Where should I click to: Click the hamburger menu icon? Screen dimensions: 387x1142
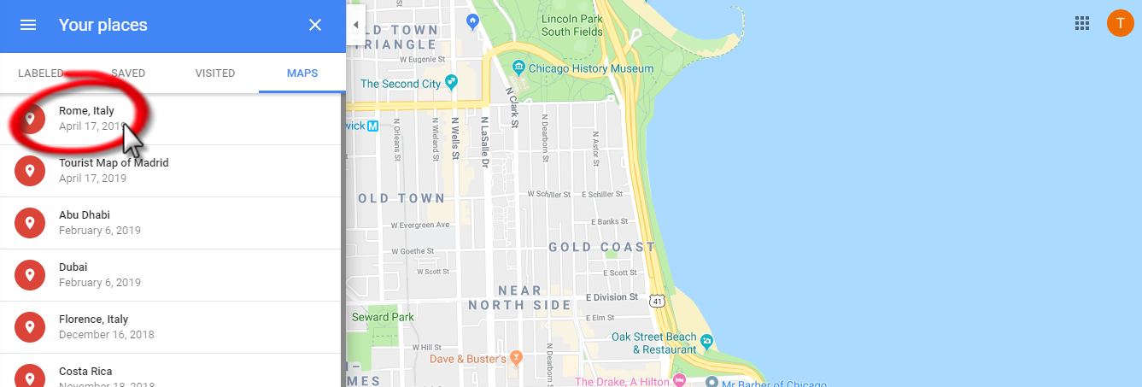pos(28,25)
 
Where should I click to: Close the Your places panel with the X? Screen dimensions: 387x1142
pos(315,25)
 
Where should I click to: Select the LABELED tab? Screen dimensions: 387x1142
pos(41,73)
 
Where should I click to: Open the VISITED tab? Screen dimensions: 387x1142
pos(215,73)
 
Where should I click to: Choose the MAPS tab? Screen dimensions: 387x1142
pos(302,73)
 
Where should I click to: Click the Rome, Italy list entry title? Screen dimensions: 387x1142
pos(86,111)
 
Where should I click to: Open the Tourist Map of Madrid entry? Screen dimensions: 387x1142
pos(114,163)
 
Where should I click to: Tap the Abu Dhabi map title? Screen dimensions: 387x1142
pos(85,215)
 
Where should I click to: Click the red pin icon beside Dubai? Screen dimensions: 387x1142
pos(30,275)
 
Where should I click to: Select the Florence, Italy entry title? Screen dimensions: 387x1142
pos(93,320)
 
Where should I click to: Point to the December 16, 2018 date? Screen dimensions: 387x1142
pos(107,335)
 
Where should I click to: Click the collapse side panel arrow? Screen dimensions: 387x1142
pos(355,25)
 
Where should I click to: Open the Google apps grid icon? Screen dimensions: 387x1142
pos(1082,23)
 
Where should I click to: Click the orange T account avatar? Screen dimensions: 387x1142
pos(1120,23)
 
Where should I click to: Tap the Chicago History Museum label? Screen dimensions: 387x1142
pos(590,68)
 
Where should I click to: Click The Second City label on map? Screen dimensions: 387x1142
pos(401,84)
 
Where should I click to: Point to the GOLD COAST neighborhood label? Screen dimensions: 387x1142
pos(601,248)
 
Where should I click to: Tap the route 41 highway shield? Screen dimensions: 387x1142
pos(656,301)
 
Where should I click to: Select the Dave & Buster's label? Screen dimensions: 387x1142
pos(468,359)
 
